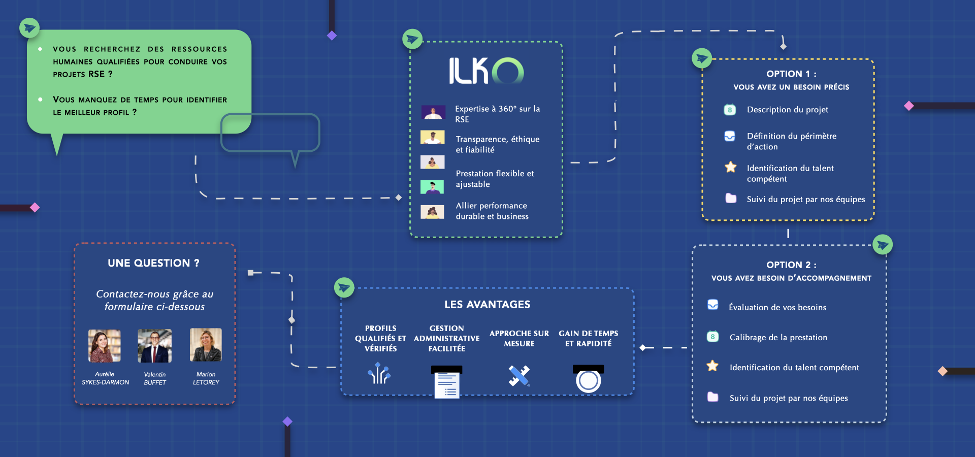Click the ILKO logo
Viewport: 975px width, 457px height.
486,71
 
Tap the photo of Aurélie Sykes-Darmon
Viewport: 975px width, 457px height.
105,345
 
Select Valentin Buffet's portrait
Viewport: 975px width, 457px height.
155,345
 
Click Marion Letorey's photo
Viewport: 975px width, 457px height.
206,345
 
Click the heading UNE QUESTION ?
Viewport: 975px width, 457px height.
153,263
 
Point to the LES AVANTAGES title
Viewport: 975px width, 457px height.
487,304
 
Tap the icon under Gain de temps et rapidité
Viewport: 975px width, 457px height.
589,379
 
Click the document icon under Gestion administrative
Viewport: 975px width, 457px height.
447,382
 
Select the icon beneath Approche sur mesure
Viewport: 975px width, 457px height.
519,376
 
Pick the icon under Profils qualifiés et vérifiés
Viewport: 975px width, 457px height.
379,373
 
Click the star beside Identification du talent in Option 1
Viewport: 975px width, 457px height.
731,167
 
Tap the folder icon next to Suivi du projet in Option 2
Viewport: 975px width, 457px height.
713,397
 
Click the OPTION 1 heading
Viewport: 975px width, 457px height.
791,74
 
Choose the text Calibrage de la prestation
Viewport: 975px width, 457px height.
778,337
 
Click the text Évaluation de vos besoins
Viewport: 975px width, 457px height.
777,307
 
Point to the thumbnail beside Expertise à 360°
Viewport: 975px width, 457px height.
433,112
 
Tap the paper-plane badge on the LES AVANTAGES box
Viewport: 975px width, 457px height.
344,287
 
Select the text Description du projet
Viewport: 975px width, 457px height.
788,110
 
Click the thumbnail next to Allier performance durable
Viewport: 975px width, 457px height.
433,212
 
